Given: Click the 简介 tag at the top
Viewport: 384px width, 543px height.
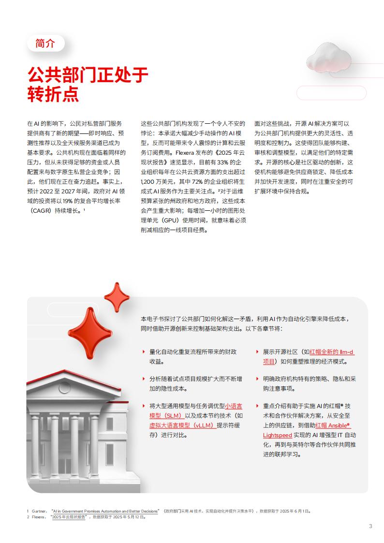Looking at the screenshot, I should coord(45,43).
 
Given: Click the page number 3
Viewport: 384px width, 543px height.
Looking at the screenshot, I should coord(370,526).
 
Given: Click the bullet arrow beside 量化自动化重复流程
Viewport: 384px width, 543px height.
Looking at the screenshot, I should coord(143,352).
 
